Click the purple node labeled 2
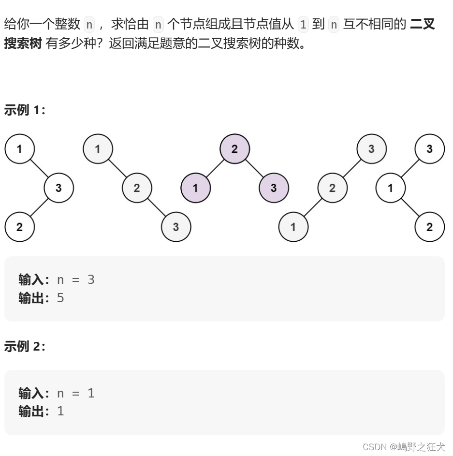[x=234, y=148]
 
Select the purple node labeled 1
[x=195, y=188]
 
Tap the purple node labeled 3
[x=274, y=188]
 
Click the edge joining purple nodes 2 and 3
[x=254, y=168]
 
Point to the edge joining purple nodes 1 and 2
[x=215, y=168]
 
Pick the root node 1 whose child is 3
[x=19, y=148]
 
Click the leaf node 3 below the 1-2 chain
[x=175, y=227]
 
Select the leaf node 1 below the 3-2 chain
[x=293, y=227]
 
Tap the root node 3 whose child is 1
[x=429, y=148]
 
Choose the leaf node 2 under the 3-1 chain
[x=429, y=227]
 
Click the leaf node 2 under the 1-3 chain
[x=19, y=227]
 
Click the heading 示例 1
[x=25, y=110]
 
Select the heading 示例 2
[x=25, y=346]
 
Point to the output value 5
[x=60, y=298]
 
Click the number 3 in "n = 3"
[x=91, y=279]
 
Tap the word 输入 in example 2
[x=31, y=393]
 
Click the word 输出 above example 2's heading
[x=31, y=298]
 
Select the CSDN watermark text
[x=403, y=447]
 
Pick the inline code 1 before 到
[x=303, y=24]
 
